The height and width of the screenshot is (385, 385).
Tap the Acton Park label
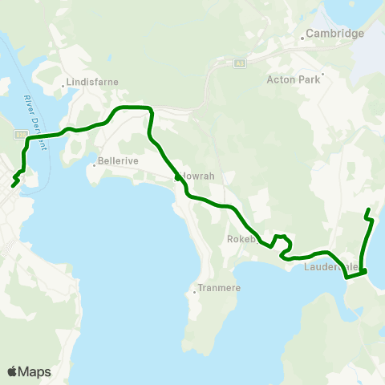293,79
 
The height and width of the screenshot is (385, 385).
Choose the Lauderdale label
330,266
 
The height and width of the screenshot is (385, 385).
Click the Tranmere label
214,290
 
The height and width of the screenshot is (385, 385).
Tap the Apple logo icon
13,371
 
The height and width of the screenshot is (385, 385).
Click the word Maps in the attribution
35,371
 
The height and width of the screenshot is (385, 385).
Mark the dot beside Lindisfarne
63,81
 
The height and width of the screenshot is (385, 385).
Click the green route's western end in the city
13,186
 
